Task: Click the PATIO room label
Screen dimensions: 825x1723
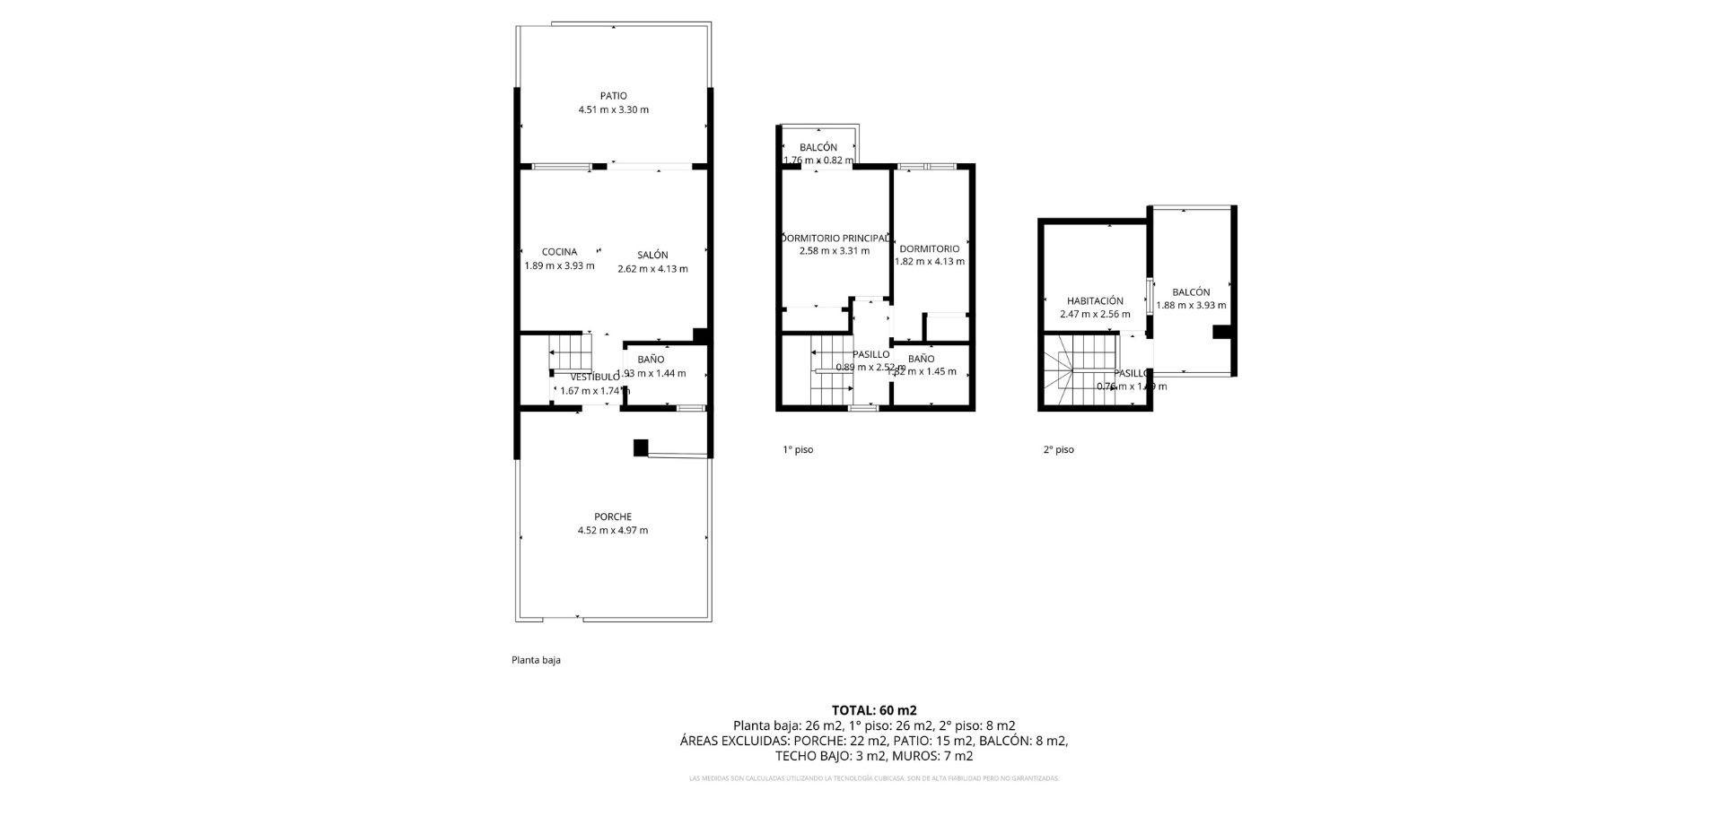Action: coord(613,96)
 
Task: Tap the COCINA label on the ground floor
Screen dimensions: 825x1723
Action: coord(559,252)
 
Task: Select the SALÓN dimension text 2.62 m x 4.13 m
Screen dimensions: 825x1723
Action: coord(652,269)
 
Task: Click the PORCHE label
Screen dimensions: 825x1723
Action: coord(613,517)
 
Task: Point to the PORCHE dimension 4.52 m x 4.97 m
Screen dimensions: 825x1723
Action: coord(613,530)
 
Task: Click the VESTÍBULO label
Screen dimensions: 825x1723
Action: coord(594,377)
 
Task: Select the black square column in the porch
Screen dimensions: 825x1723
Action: coord(641,447)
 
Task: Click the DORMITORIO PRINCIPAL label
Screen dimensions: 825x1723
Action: coord(835,238)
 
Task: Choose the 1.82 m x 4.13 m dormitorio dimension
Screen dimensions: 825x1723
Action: coord(930,262)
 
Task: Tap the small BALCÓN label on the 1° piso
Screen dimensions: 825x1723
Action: coord(818,147)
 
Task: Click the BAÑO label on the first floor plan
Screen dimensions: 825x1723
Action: coord(921,359)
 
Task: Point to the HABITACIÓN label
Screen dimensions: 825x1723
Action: coord(1095,301)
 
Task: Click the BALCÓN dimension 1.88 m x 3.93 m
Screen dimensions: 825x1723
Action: coord(1191,305)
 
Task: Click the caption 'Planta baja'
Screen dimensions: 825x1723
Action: coord(536,660)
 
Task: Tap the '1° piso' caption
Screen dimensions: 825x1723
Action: coord(798,449)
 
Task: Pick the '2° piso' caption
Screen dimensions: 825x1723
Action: coord(1058,449)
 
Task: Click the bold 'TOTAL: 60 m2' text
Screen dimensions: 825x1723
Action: coord(874,710)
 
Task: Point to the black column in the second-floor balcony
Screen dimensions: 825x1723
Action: coord(1220,332)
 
